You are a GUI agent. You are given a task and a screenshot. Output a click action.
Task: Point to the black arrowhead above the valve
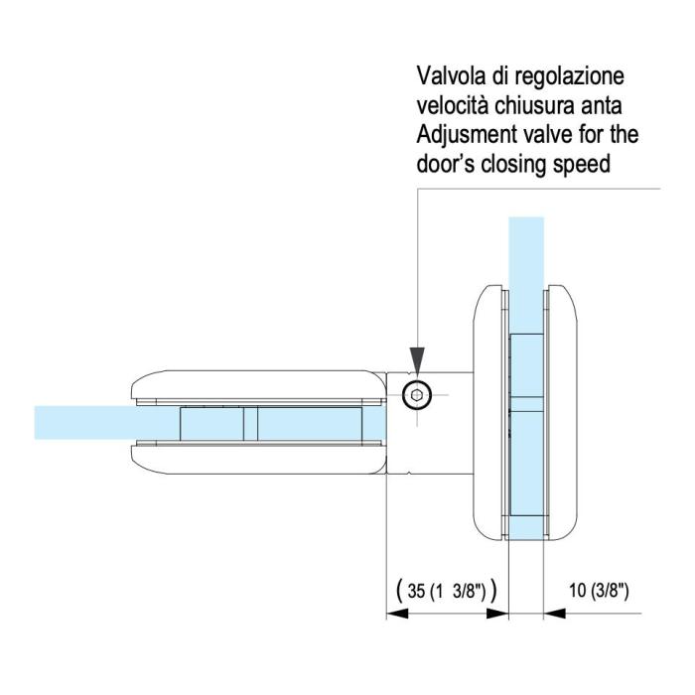[x=417, y=358]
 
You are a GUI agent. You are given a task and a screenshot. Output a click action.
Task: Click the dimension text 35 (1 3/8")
[x=446, y=591]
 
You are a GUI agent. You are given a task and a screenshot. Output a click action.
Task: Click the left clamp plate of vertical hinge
[x=487, y=407]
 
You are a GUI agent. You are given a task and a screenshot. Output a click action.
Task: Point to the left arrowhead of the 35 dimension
[x=396, y=614]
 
